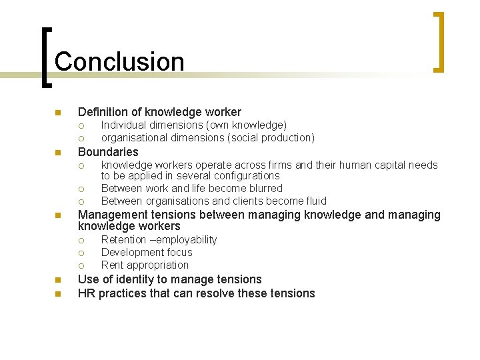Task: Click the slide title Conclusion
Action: (119, 61)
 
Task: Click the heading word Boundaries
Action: (108, 151)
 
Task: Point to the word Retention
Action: (123, 239)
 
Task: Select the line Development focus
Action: (147, 252)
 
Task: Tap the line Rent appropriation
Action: (145, 265)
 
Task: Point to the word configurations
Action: (247, 176)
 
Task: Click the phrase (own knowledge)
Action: (246, 125)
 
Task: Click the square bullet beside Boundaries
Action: (58, 152)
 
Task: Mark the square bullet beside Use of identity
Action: (58, 280)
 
